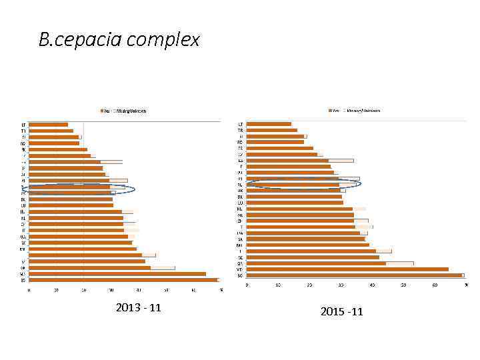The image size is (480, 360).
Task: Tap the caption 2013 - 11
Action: coord(138,308)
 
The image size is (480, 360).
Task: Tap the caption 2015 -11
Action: coord(342,311)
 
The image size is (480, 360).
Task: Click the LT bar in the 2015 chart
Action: coord(269,124)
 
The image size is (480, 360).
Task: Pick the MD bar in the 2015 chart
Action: coord(347,269)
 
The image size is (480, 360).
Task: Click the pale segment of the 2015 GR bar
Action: coord(399,263)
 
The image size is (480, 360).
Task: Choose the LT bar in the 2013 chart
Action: coord(48,124)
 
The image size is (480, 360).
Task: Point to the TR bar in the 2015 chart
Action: coord(272,130)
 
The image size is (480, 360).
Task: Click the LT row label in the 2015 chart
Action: coord(240,124)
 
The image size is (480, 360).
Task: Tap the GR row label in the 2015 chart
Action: coord(240,263)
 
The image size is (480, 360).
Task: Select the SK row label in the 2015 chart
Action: coord(240,239)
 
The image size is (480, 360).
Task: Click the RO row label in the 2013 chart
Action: coord(23,143)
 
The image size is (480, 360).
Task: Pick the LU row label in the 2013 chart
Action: coord(23,205)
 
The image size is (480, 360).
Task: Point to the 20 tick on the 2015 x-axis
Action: coord(309,285)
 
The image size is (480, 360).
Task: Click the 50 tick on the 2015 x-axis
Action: coord(403,285)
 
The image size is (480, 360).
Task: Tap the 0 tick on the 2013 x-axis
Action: coord(29,290)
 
